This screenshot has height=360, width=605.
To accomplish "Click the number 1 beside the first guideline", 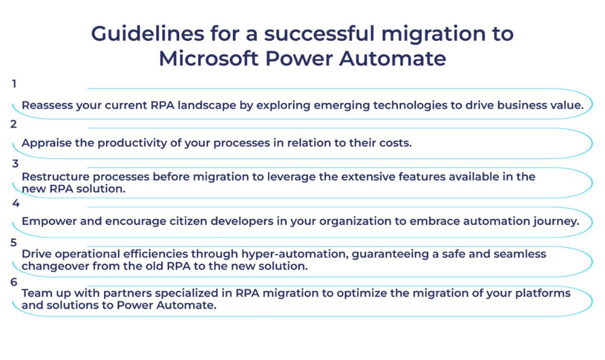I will (14, 84).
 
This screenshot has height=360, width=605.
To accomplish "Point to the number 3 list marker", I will (15, 164).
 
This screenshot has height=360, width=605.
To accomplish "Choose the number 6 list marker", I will (14, 282).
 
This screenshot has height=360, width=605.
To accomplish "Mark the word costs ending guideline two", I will (396, 143).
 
